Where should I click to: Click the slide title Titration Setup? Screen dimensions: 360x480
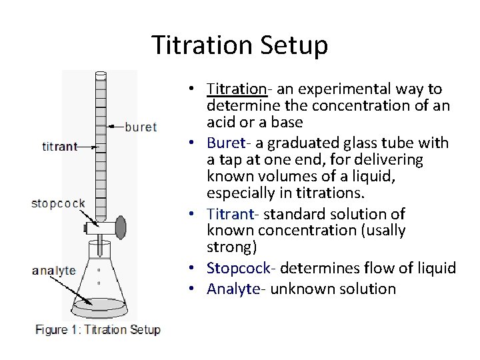240,46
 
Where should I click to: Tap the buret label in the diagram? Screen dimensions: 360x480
141,127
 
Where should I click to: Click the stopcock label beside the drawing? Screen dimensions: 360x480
57,203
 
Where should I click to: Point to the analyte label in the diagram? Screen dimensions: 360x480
54,271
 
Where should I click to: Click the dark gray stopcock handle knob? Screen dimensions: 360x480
120,228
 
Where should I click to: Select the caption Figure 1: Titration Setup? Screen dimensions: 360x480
97,330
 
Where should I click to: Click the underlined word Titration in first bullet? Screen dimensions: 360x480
237,89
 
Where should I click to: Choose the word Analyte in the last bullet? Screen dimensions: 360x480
232,289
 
